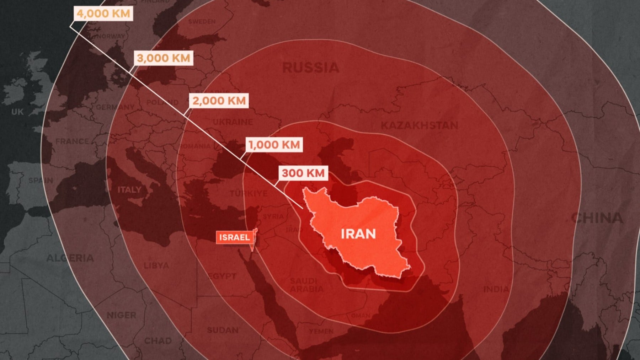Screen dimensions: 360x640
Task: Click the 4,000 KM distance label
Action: pos(103,14)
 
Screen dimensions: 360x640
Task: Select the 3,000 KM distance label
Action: pos(164,58)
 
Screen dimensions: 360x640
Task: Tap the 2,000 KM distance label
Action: pos(219,101)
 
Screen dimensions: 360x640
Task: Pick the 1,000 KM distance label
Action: pos(274,145)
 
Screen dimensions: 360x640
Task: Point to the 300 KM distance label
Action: pos(303,173)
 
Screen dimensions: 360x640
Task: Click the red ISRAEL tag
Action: pos(234,237)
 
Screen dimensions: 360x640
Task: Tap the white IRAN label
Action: pos(358,234)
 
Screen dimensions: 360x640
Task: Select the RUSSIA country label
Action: pos(311,68)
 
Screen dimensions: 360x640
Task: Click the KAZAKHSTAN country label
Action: pos(420,125)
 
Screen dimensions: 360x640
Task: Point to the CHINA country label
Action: pos(597,218)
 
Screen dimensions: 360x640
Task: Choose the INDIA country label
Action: pos(496,289)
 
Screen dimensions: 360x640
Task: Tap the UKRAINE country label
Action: pos(233,122)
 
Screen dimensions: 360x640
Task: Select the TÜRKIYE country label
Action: pos(249,193)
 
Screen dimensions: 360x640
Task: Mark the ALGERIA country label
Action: pos(70,258)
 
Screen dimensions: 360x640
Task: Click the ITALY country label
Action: pos(129,189)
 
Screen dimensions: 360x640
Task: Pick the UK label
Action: pos(17,112)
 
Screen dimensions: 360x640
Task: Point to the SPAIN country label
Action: pos(41,180)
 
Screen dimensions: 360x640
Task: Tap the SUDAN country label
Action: pos(223,330)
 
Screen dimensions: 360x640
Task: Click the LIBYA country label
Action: pos(156,265)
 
